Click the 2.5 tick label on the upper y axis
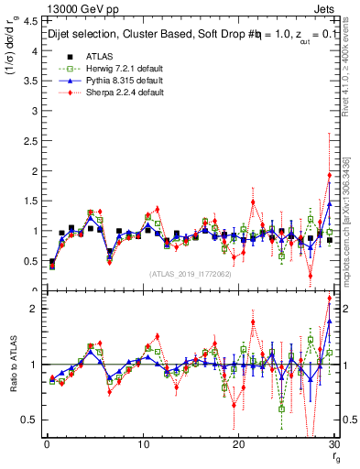[30, 140]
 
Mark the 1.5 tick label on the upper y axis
[30, 201]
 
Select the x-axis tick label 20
[238, 444]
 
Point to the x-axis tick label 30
[333, 444]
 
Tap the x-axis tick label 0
[47, 444]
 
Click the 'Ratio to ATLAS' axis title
[12, 365]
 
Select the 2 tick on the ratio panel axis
[33, 309]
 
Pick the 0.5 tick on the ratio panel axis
[30, 420]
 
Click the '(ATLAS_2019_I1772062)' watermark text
[191, 273]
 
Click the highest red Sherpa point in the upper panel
[329, 175]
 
